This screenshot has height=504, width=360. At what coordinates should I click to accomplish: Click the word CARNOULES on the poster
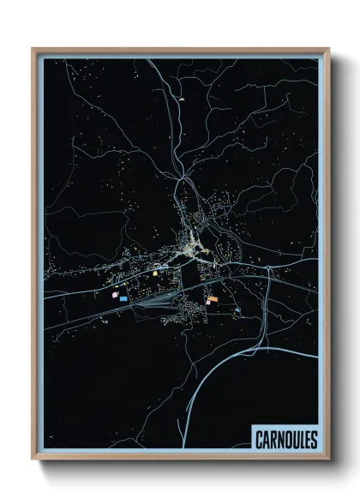pyautogui.click(x=285, y=440)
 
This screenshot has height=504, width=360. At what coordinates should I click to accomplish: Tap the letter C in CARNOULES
pyautogui.click(x=260, y=440)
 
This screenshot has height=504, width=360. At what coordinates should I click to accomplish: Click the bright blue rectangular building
pyautogui.click(x=124, y=298)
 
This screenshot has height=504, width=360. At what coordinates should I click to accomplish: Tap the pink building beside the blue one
pyautogui.click(x=112, y=293)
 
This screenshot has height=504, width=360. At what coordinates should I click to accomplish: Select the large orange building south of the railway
pyautogui.click(x=212, y=299)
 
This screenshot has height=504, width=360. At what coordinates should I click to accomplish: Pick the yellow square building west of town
pyautogui.click(x=156, y=273)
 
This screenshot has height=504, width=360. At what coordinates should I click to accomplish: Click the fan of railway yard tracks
pyautogui.click(x=163, y=300)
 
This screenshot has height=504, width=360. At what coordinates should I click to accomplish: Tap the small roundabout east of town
pyautogui.click(x=269, y=273)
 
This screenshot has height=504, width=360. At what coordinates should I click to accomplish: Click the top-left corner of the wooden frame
pyautogui.click(x=33, y=50)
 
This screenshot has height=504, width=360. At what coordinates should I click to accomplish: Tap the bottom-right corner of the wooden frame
pyautogui.click(x=327, y=458)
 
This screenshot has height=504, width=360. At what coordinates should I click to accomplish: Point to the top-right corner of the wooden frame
pyautogui.click(x=327, y=50)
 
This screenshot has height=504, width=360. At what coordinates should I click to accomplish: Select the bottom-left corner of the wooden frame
pyautogui.click(x=33, y=458)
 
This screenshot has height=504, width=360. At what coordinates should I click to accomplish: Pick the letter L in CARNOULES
pyautogui.click(x=300, y=440)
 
